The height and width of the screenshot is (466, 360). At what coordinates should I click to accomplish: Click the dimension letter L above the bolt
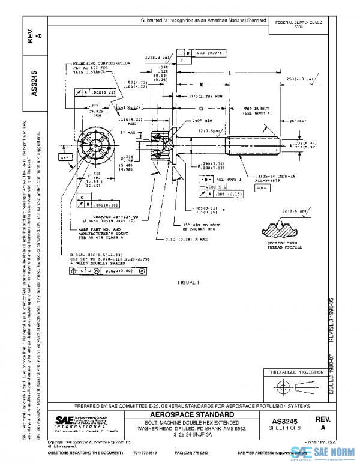click(x=230, y=72)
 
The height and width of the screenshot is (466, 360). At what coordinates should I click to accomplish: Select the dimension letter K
click(x=202, y=84)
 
